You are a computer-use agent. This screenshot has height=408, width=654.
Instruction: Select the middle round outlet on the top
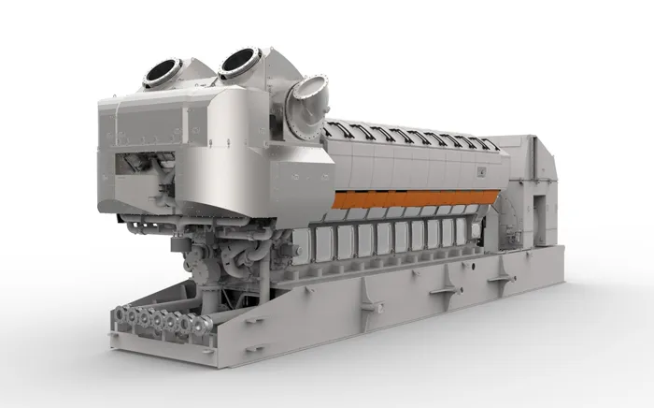coord(240,62)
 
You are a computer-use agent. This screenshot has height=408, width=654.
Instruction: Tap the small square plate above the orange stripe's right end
coord(482,171)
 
